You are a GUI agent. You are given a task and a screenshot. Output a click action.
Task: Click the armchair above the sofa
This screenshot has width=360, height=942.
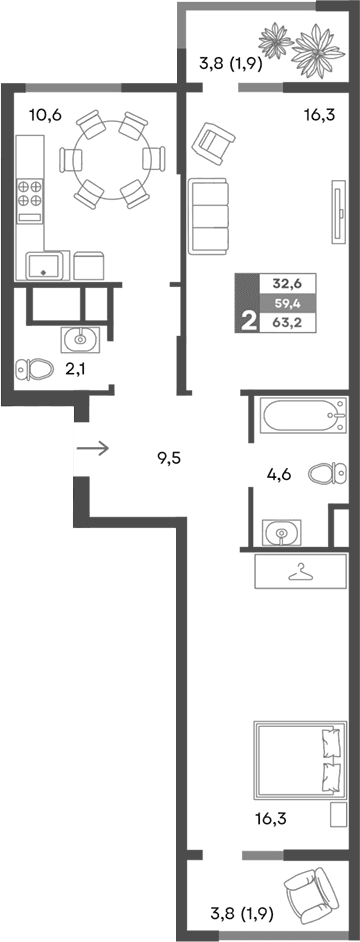pyautogui.click(x=215, y=140)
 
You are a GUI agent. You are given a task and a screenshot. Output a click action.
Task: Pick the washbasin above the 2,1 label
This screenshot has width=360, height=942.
pyautogui.click(x=79, y=340)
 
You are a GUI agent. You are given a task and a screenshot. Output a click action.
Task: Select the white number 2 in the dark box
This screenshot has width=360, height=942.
pyautogui.click(x=246, y=321)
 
